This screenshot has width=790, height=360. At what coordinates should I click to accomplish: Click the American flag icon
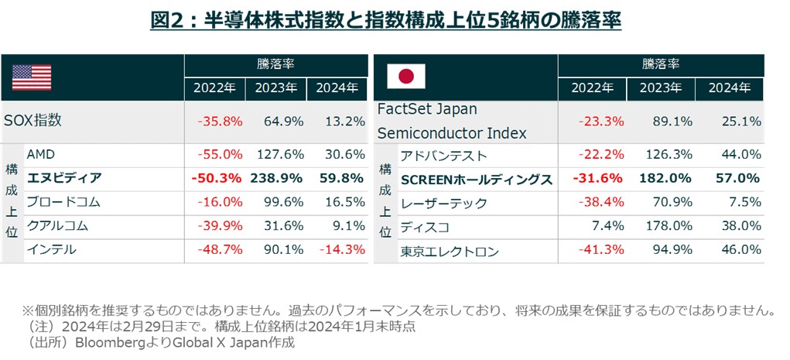coord(32,77)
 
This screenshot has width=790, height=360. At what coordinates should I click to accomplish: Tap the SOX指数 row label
coord(32,121)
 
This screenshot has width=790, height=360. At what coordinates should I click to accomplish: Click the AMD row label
coord(40,154)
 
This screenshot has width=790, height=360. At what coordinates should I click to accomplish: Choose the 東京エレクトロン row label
coord(450,251)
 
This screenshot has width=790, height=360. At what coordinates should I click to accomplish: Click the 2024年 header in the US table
coord(337,87)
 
